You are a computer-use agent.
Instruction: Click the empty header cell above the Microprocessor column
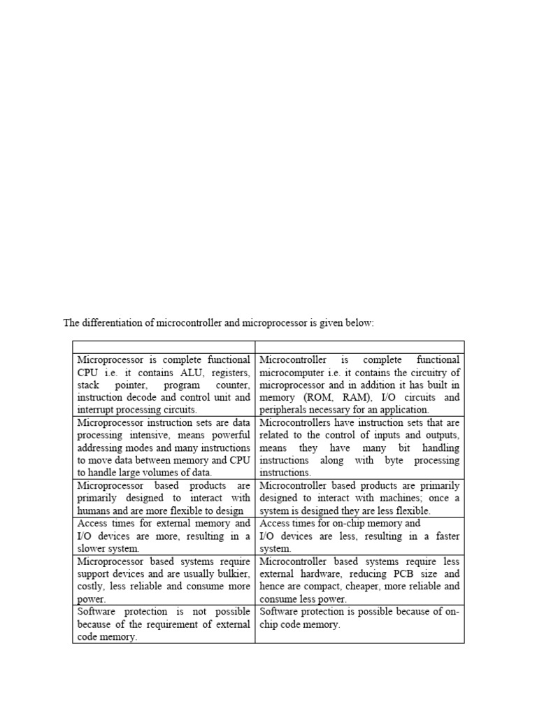pos(164,347)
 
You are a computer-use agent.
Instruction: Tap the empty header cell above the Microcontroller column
pos(359,347)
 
